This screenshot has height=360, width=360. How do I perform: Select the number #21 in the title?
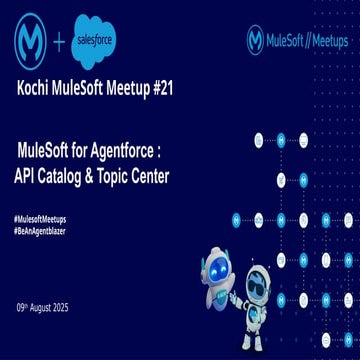pos(158,88)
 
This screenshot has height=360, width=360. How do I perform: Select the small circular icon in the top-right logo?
pos(256,40)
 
